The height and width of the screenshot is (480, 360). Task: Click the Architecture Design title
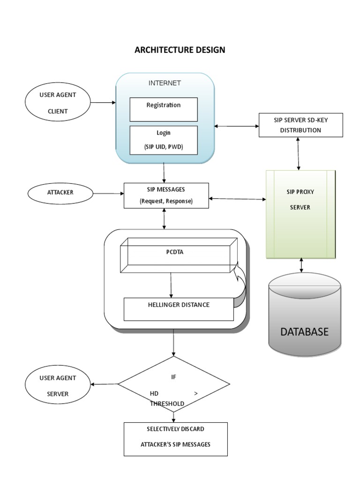(x=180, y=50)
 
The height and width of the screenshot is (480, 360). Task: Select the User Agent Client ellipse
(x=57, y=103)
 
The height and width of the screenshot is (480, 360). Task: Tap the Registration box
(x=164, y=109)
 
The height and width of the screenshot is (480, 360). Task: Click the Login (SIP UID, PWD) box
(x=164, y=140)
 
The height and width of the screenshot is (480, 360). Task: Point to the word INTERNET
(x=165, y=83)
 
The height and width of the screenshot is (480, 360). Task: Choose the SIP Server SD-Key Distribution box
(x=300, y=125)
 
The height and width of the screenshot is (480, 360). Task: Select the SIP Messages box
(x=166, y=195)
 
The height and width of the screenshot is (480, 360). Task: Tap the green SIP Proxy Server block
(x=300, y=214)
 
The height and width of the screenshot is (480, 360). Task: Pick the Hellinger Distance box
(x=178, y=308)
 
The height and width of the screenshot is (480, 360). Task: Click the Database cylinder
(x=305, y=319)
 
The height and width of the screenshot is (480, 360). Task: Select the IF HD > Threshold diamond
(x=174, y=384)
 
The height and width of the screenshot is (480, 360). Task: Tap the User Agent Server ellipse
(x=57, y=385)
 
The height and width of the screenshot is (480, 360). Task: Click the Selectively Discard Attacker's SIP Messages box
(x=176, y=439)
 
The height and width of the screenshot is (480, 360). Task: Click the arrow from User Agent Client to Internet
(x=103, y=103)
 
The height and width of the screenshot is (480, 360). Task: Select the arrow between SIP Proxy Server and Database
(x=301, y=265)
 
